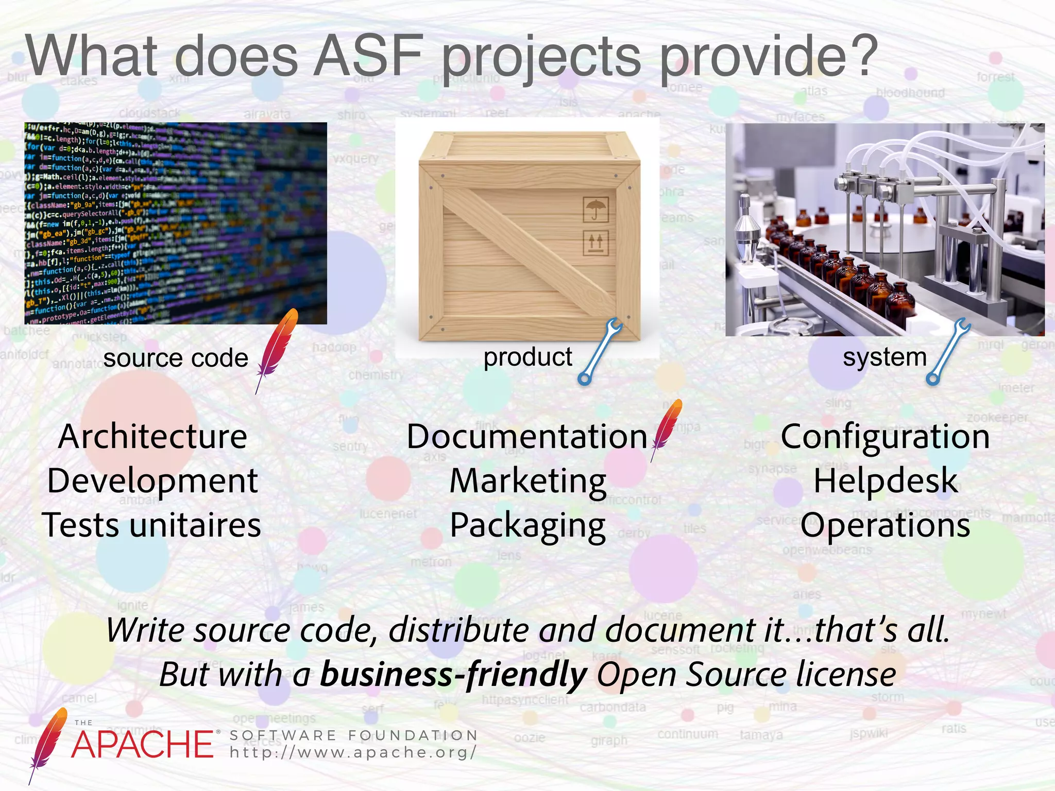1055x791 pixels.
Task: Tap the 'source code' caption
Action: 176,358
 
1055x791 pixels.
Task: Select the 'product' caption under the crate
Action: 527,357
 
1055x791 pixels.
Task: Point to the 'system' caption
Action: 884,357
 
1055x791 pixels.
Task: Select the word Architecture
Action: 152,437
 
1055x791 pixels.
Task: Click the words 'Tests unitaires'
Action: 151,525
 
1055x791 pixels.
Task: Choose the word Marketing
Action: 528,481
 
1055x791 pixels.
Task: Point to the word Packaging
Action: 527,526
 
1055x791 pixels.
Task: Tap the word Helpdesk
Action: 886,481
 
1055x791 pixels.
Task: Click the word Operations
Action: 886,525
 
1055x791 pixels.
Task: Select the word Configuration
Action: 885,437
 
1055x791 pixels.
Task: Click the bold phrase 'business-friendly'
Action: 453,674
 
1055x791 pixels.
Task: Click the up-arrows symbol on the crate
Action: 595,243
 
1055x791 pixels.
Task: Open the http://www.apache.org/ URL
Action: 353,752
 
